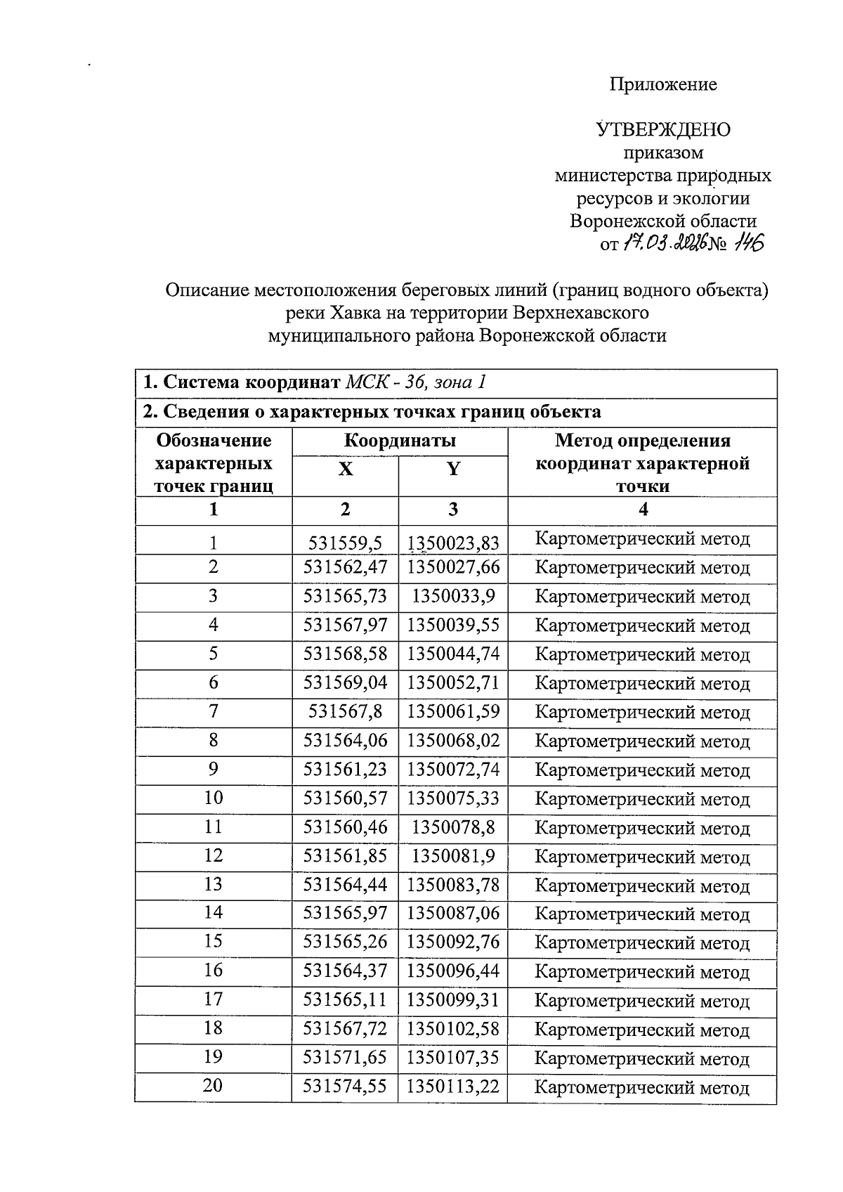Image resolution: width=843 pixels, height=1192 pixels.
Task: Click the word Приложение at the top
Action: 662,85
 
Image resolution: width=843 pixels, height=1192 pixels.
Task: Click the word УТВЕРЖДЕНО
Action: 663,130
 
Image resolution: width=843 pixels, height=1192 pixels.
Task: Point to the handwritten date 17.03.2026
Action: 663,244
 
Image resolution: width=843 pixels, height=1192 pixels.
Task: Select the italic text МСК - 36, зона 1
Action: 416,382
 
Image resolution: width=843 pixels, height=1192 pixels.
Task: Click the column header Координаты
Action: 400,441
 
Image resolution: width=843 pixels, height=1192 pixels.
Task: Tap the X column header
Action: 345,469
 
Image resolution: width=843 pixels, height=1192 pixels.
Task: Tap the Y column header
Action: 453,469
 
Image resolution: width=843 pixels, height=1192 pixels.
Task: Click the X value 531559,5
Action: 345,543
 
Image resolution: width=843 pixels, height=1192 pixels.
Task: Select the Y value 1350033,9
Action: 453,597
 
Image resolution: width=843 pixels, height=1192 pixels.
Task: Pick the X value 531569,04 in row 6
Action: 345,683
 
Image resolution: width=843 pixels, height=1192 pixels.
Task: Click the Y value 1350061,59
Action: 453,712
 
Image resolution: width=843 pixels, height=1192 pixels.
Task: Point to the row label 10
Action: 213,798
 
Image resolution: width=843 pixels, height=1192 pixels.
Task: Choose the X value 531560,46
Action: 345,827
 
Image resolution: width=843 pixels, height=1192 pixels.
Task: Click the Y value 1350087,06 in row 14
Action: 453,914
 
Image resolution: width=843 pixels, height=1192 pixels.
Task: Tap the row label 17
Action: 213,1000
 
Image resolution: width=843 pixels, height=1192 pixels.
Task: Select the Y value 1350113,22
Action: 453,1087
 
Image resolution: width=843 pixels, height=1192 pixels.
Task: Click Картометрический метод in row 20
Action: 642,1088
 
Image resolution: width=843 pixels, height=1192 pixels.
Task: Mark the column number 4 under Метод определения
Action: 642,510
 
